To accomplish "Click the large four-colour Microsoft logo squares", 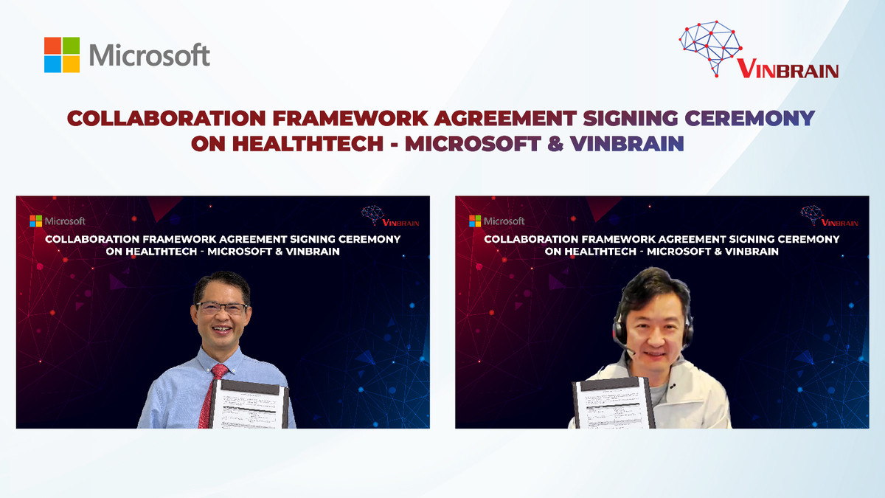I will point(62,55).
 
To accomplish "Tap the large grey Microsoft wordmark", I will point(150,55).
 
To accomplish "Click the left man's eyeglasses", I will point(221,308).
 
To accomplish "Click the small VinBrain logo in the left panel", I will point(383,215).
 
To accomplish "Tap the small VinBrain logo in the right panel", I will point(822,215).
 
